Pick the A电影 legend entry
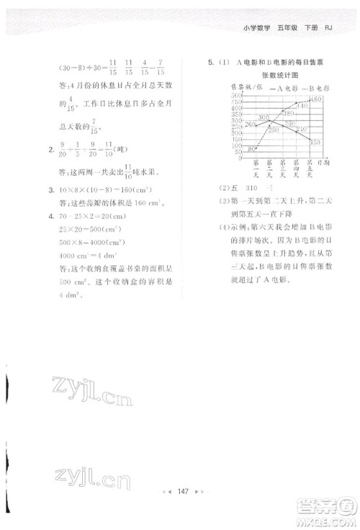(268, 86)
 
